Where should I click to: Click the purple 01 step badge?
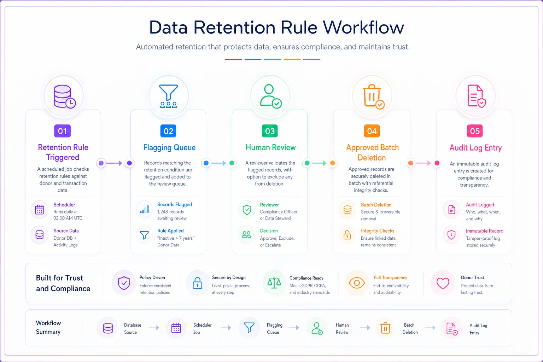[62, 131]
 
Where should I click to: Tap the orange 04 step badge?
[372, 131]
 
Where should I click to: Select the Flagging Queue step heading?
[169, 147]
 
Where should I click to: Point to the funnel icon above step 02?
[169, 96]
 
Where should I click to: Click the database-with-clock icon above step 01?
[64, 97]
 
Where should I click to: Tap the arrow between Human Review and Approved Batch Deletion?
[319, 163]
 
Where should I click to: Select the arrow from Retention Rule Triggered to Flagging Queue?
[114, 163]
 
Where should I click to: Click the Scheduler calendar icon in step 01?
[40, 210]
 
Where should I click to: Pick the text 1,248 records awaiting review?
[172, 215]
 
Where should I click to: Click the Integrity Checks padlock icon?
[347, 235]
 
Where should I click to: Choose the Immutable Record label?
[484, 231]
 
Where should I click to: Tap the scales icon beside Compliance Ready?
[274, 283]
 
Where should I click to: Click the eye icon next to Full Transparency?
[357, 283]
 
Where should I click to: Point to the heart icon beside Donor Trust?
[443, 283]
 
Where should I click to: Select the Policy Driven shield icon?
[124, 283]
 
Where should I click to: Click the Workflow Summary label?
[48, 327]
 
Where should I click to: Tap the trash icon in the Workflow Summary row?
[385, 328]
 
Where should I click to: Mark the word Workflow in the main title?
[363, 28]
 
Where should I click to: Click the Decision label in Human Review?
[269, 230]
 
